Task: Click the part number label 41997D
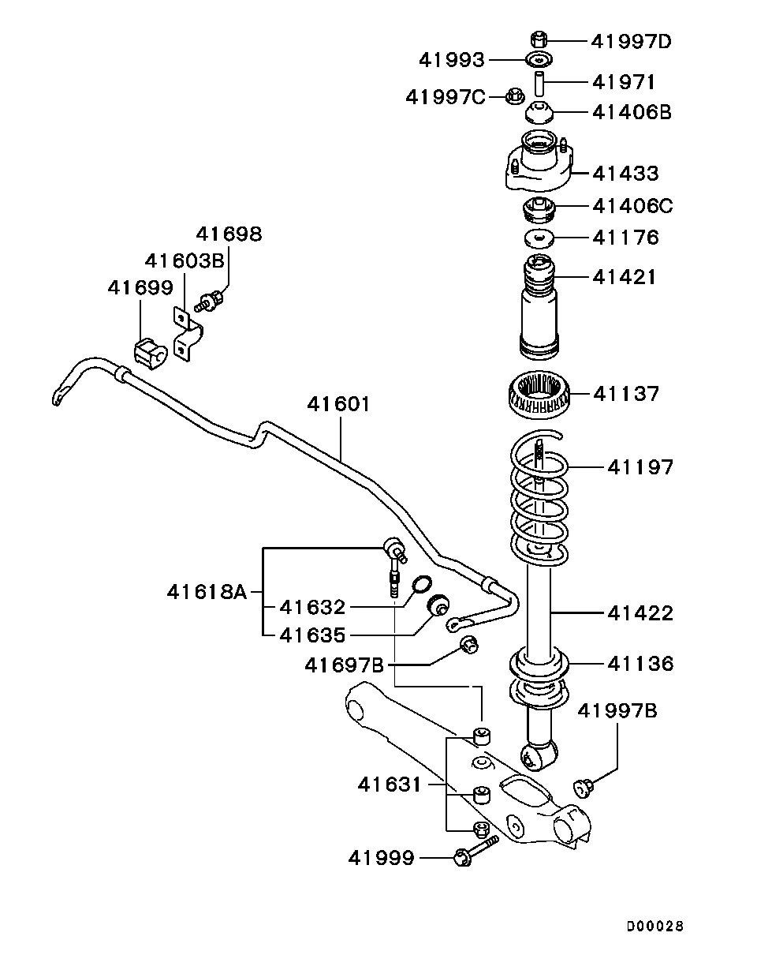(x=631, y=40)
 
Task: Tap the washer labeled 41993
(x=539, y=59)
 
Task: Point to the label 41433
(x=625, y=173)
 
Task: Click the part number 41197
(x=641, y=467)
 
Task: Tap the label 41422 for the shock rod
(x=641, y=612)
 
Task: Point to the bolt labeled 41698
(x=212, y=300)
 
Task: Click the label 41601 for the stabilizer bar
(x=338, y=404)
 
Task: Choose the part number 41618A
(x=207, y=590)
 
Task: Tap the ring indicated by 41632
(x=423, y=584)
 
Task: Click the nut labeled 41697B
(x=468, y=645)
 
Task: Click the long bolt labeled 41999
(x=474, y=852)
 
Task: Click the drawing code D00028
(x=655, y=925)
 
